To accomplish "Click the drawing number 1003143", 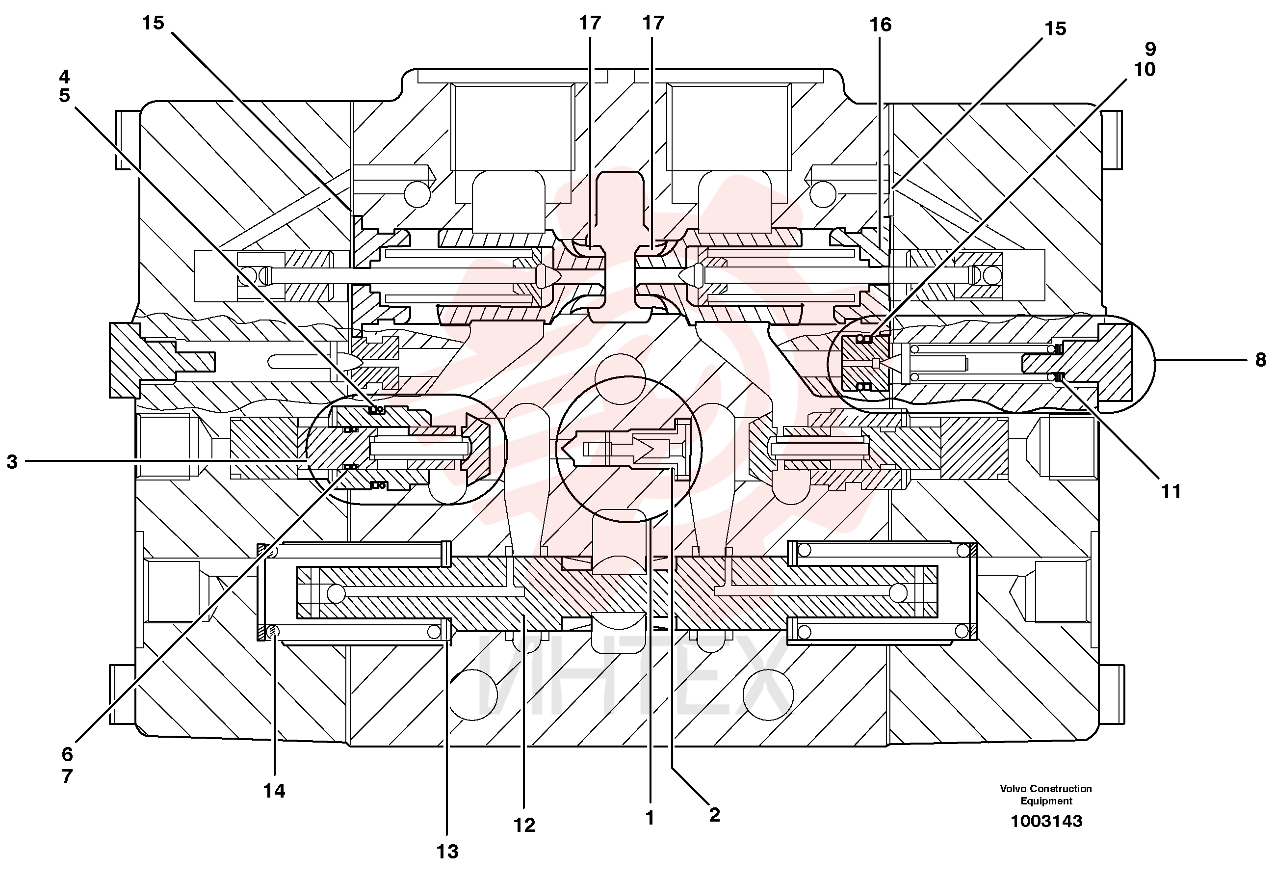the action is [x=1046, y=821].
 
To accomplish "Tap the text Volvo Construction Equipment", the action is [x=1046, y=794].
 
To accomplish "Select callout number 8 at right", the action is [x=1261, y=360].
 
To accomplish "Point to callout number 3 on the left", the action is [x=12, y=461].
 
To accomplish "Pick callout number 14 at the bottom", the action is [x=274, y=791].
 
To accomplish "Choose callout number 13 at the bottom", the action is [x=447, y=852].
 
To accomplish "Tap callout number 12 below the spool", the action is [x=524, y=825].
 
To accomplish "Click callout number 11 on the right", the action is [x=1171, y=491].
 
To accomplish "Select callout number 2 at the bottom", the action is [x=714, y=815].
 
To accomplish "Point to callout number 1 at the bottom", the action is [x=650, y=818].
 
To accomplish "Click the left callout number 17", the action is [x=590, y=23].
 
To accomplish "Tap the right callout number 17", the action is [x=653, y=23].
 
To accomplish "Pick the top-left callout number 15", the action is [x=154, y=23].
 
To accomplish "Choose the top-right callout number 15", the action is [x=1055, y=28].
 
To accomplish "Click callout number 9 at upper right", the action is [x=1150, y=49].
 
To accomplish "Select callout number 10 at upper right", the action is [x=1145, y=69].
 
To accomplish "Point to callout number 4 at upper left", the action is [x=65, y=76].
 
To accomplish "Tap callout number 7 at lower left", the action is [x=67, y=776].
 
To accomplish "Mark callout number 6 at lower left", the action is [x=67, y=754].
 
